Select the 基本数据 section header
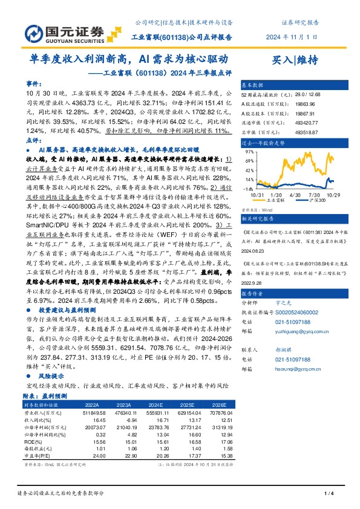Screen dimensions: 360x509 tap(252, 85)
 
